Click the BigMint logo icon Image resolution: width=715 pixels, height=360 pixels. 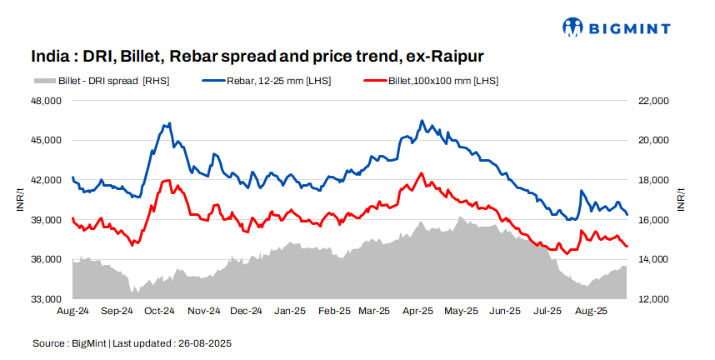pyautogui.click(x=573, y=27)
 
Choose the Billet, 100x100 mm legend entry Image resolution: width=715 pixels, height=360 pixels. pyautogui.click(x=432, y=81)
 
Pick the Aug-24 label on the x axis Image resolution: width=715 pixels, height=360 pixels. pyautogui.click(x=73, y=311)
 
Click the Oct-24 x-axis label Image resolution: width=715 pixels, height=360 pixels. pyautogui.click(x=159, y=311)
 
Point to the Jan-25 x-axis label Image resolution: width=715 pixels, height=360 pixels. pyautogui.click(x=289, y=311)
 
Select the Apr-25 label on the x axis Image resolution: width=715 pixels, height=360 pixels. pyautogui.click(x=417, y=311)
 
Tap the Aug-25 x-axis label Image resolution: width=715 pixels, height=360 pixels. pyautogui.click(x=591, y=311)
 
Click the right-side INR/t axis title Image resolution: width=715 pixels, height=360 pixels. pyautogui.click(x=681, y=200)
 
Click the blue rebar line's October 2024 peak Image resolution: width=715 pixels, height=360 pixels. pyautogui.click(x=169, y=123)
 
